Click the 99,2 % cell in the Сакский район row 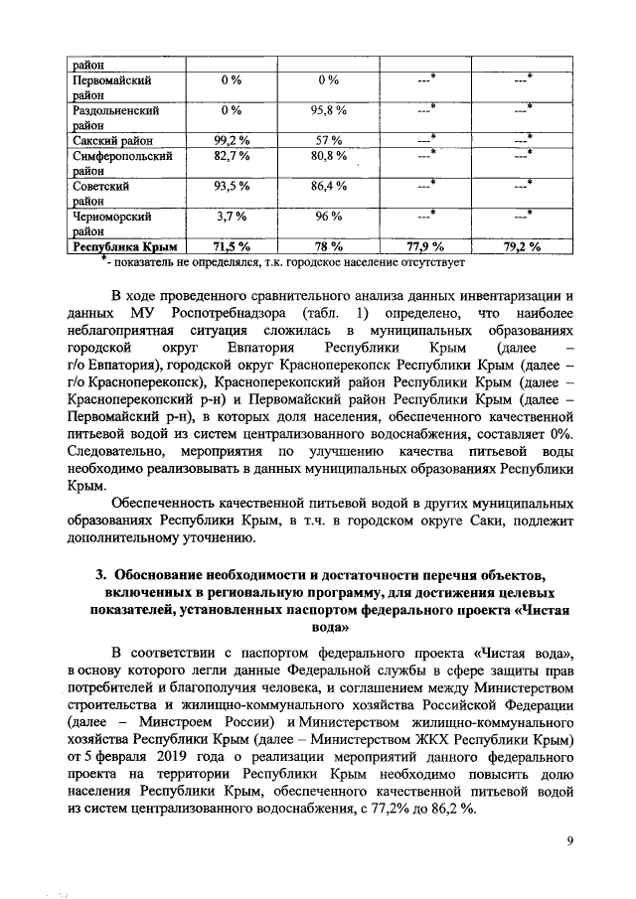[232, 140]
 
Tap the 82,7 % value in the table [232, 156]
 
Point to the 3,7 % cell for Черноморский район [232, 216]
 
